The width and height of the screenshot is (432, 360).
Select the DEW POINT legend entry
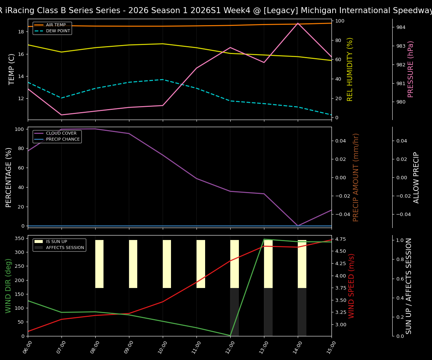(x=58, y=31)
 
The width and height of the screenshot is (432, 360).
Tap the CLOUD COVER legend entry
(x=61, y=133)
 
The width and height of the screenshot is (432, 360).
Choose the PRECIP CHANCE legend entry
(x=63, y=139)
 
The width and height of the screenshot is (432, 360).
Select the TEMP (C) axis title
(x=12, y=69)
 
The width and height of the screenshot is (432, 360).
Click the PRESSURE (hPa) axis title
(x=411, y=69)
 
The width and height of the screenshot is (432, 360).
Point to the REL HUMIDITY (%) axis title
(x=350, y=69)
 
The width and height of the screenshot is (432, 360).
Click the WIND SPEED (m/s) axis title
(x=351, y=286)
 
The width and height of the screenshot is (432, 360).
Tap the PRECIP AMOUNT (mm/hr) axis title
(x=356, y=177)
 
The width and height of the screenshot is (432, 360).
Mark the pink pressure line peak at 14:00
(x=298, y=23)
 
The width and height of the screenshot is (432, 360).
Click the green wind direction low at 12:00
(x=230, y=335)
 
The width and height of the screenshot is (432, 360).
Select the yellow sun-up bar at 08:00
(x=99, y=264)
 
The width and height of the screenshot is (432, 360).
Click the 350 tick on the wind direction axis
(x=21, y=238)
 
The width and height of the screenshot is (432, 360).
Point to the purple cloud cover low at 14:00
(x=298, y=226)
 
